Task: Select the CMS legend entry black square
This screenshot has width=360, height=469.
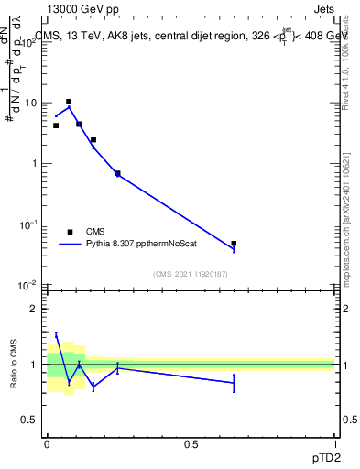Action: tap(70, 232)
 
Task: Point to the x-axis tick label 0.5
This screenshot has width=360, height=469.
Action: tap(191, 444)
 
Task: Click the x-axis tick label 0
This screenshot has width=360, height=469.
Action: tap(47, 444)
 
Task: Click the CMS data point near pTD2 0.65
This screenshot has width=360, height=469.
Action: tap(234, 244)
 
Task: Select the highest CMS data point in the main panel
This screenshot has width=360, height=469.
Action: tap(69, 102)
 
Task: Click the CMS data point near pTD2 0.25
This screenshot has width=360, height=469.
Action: tap(117, 173)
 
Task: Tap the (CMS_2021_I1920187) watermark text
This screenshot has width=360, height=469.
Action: tap(191, 274)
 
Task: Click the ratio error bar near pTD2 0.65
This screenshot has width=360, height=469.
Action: tap(234, 383)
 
